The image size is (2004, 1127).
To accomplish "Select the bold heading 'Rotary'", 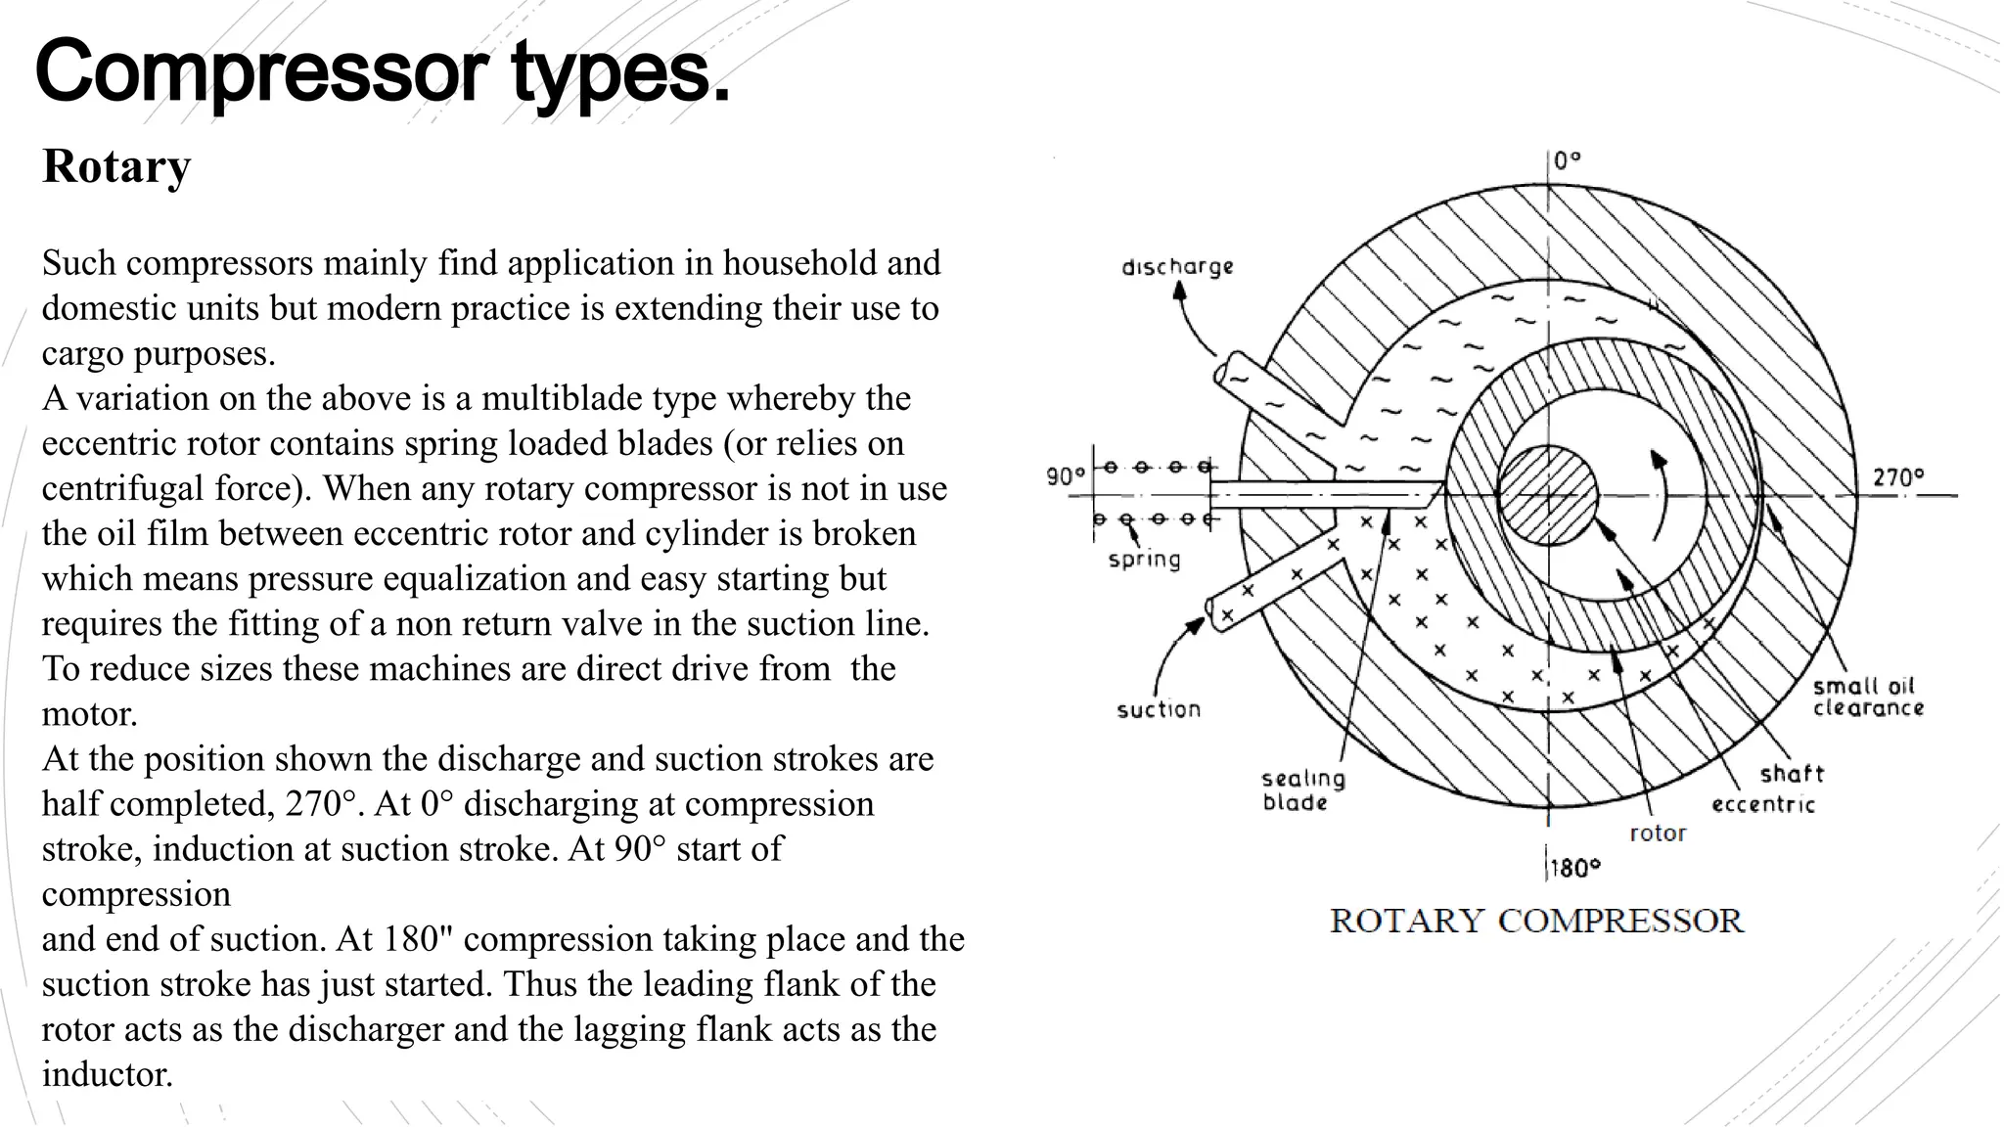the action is tap(116, 166).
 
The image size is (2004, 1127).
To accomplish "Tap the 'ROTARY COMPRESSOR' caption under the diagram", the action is tap(1536, 921).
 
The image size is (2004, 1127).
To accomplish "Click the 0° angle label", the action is tap(1567, 160).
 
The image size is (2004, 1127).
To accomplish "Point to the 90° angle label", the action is tap(1066, 476).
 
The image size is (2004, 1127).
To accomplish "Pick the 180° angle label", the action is tap(1574, 868).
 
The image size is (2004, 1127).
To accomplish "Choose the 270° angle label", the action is tap(1897, 477).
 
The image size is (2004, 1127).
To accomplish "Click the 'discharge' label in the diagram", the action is tap(1177, 266).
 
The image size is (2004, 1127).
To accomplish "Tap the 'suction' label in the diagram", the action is tap(1159, 709).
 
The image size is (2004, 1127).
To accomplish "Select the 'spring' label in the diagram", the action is tap(1144, 560).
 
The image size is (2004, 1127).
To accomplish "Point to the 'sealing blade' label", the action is tap(1302, 790).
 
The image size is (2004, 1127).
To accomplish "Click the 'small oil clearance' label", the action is tap(1868, 697).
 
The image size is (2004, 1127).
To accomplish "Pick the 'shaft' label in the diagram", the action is tap(1792, 774).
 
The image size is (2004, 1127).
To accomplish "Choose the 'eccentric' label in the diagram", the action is tap(1762, 805).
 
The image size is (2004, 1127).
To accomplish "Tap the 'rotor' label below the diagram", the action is tap(1658, 834).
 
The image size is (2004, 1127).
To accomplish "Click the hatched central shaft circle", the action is tap(1548, 495).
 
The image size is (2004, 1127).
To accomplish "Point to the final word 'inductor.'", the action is tap(108, 1074).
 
